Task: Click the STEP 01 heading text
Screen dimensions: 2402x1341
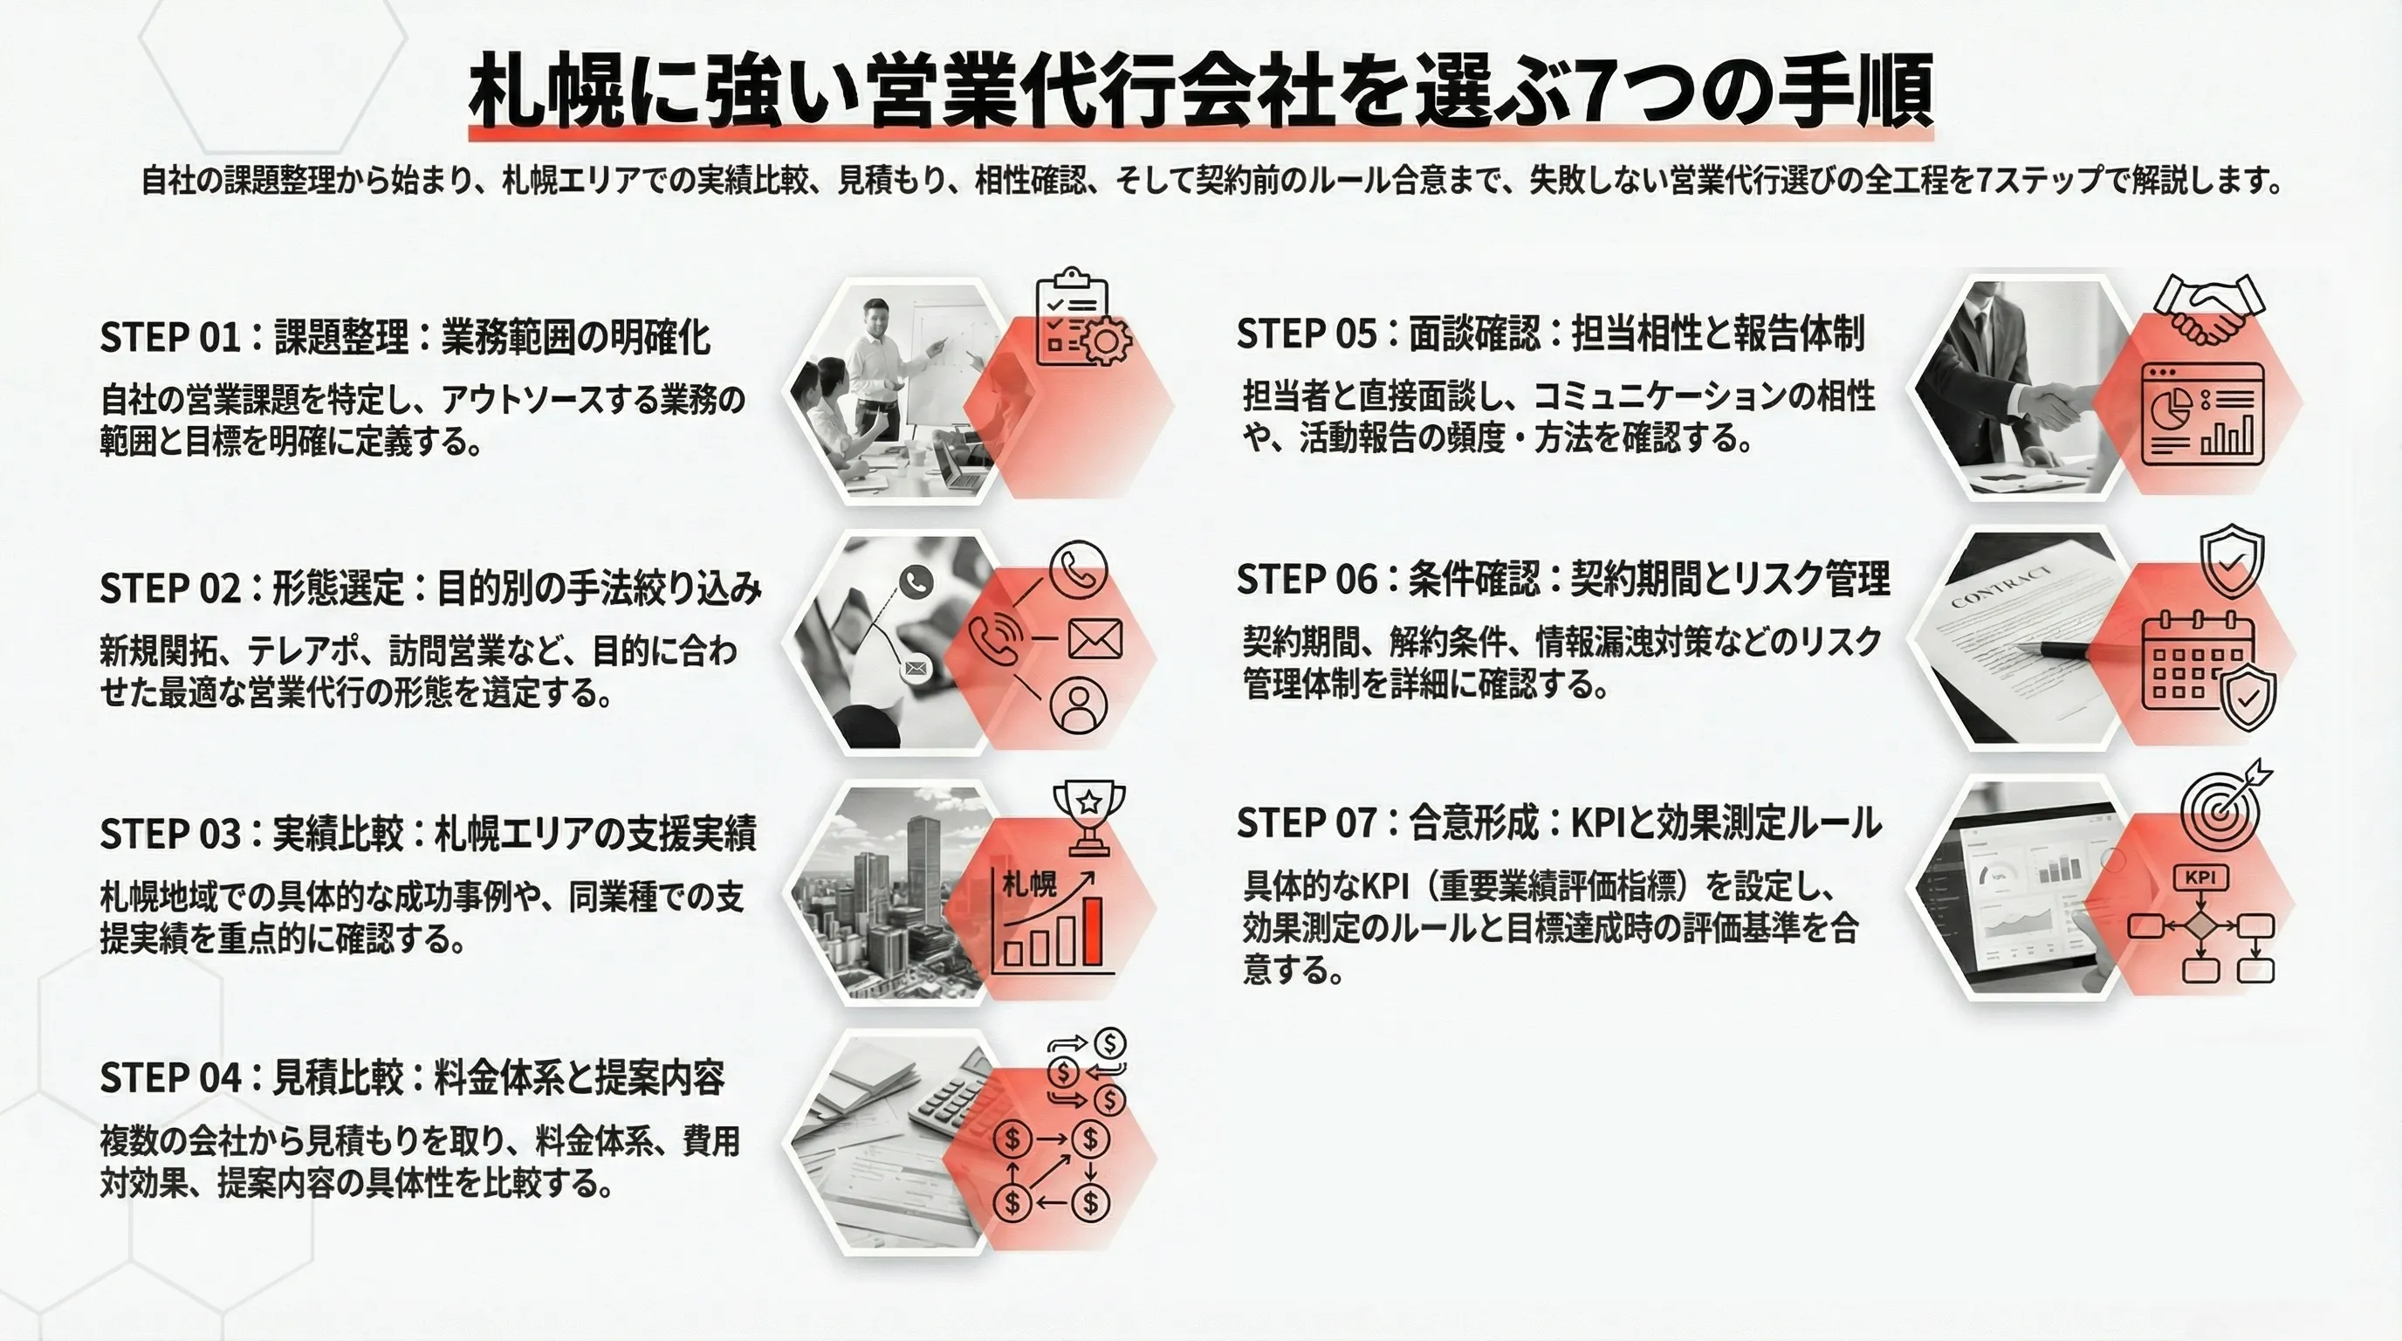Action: pyautogui.click(x=405, y=338)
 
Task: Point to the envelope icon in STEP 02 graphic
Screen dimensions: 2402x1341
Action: pyautogui.click(x=1095, y=640)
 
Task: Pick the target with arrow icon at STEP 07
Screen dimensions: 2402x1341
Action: pyautogui.click(x=2225, y=808)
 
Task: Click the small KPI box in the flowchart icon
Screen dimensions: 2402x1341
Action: pyautogui.click(x=2200, y=877)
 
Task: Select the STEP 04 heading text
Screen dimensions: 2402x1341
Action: pyautogui.click(x=412, y=1078)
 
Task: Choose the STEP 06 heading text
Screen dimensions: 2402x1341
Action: pyautogui.click(x=1563, y=579)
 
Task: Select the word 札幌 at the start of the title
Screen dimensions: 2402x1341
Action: pyautogui.click(x=546, y=92)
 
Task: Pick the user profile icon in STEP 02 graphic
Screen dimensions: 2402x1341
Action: pyautogui.click(x=1079, y=704)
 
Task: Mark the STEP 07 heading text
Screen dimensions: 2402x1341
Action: pyautogui.click(x=1558, y=823)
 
